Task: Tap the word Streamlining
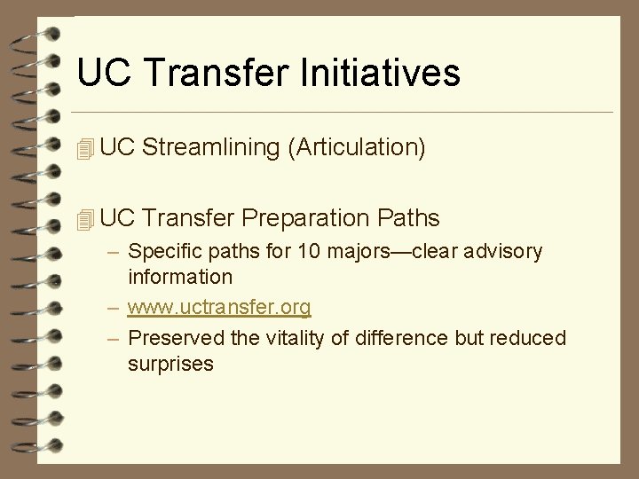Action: click(210, 147)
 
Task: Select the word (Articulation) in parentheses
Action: click(357, 147)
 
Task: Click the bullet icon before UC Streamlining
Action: click(85, 149)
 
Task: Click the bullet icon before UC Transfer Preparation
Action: click(85, 218)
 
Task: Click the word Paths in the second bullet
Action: click(407, 217)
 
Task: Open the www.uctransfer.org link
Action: click(219, 308)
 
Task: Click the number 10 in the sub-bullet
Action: click(309, 252)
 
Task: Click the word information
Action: click(180, 277)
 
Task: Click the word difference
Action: click(387, 339)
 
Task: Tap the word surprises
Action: click(170, 364)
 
